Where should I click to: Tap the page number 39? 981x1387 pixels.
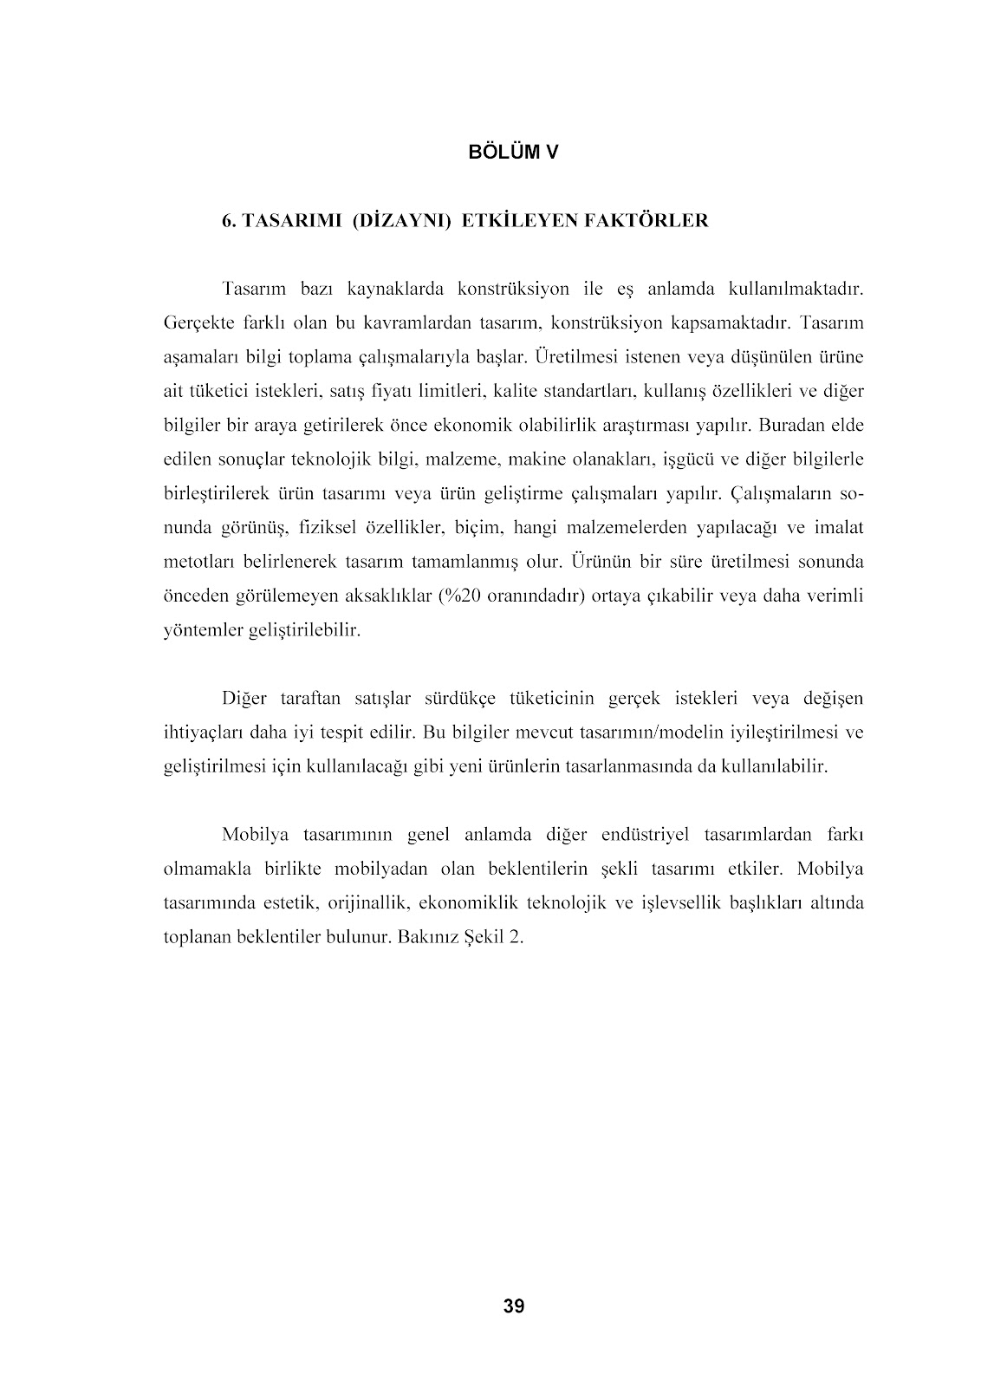(x=513, y=1306)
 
